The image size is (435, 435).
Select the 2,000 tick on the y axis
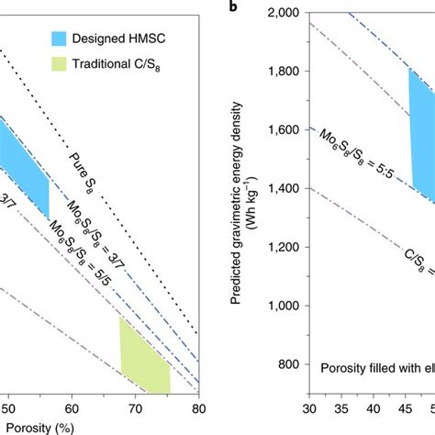285,13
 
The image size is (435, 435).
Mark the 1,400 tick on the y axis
285,188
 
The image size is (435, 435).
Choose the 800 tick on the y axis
290,364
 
